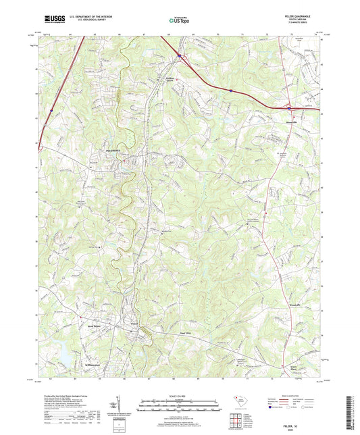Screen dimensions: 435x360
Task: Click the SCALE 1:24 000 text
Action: click(180, 396)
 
